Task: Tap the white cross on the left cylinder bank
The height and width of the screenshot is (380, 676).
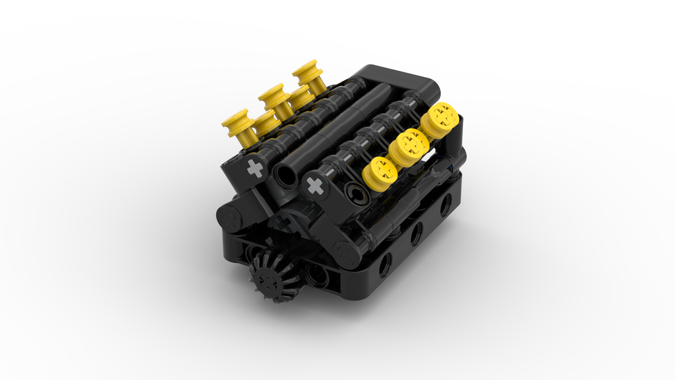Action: (255, 168)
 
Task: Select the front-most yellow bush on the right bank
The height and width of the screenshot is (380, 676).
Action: (380, 172)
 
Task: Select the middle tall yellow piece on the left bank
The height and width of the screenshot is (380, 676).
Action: (275, 97)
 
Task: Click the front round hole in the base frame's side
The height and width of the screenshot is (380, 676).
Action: (384, 264)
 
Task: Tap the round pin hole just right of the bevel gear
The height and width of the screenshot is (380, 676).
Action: (314, 274)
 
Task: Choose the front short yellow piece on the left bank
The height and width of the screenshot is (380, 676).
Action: (265, 122)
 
